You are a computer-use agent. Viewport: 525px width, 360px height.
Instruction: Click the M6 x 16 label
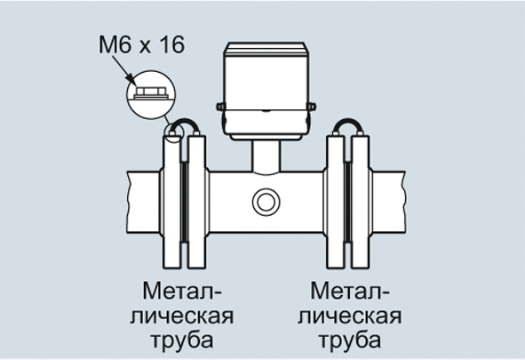point(141,44)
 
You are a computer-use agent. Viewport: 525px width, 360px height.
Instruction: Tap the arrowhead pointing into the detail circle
point(132,79)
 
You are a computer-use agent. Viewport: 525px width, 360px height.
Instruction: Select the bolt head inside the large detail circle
point(150,92)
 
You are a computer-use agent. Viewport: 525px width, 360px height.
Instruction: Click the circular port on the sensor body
point(266,202)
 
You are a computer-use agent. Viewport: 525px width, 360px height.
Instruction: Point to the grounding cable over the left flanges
point(184,123)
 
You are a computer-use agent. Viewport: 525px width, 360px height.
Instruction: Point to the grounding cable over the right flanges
point(348,123)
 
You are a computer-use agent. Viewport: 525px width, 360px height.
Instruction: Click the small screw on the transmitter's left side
point(219,107)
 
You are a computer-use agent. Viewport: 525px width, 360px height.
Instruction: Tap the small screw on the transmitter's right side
point(312,107)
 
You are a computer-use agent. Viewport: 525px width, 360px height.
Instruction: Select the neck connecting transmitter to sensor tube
point(266,156)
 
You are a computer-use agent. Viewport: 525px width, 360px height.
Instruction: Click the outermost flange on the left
point(171,201)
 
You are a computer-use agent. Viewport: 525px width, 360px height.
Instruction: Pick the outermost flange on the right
point(361,201)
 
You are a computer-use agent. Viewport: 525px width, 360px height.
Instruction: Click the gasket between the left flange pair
point(184,201)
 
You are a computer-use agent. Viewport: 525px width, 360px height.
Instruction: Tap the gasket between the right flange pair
point(348,201)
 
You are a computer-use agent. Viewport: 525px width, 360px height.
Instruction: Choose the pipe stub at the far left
point(143,202)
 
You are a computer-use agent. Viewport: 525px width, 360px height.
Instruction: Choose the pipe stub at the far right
point(389,202)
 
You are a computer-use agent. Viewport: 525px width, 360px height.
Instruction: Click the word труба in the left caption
point(182,340)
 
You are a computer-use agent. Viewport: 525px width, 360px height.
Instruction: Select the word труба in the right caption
point(350,340)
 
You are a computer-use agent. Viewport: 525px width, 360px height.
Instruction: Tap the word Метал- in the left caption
point(182,291)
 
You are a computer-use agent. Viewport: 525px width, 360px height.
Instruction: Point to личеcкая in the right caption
point(349,316)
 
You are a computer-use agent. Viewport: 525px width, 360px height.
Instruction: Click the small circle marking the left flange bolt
point(174,132)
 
